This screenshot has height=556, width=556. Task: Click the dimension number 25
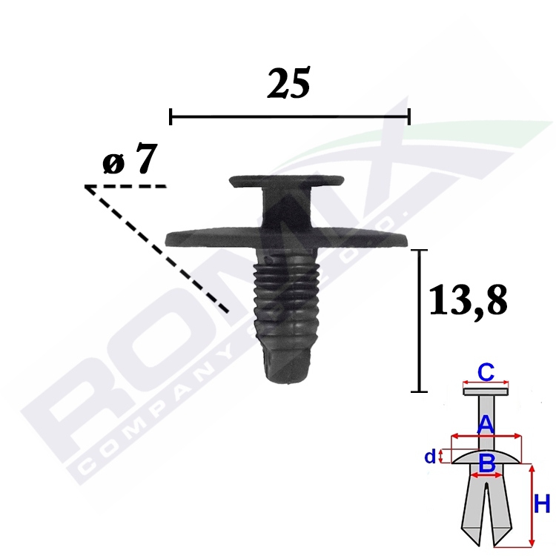click(x=288, y=83)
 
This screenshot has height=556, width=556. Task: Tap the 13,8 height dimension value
click(x=468, y=300)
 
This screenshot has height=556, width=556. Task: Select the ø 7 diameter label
click(x=130, y=159)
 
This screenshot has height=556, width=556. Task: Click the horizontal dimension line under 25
click(x=290, y=116)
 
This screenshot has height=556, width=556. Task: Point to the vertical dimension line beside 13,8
click(x=420, y=321)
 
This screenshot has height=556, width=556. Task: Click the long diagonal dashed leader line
click(x=157, y=249)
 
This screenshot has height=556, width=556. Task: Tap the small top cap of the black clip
click(x=286, y=181)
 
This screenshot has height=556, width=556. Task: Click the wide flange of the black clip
click(x=286, y=237)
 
